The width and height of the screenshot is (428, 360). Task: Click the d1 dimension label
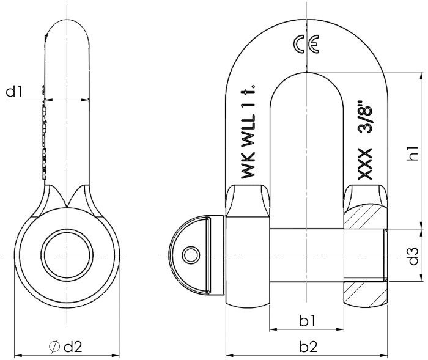[15, 92]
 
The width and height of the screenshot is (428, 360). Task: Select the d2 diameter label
[72, 347]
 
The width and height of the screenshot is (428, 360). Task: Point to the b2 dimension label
[308, 347]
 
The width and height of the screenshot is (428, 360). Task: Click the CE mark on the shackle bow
[304, 46]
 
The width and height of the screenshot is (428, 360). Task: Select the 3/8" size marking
[365, 121]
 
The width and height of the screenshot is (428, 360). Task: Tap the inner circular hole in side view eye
[67, 254]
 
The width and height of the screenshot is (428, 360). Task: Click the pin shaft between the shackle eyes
[306, 254]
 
